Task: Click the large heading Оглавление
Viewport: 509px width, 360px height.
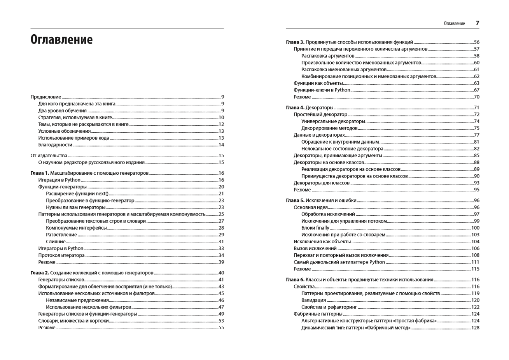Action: [61, 40]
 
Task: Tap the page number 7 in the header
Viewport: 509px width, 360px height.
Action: [477, 23]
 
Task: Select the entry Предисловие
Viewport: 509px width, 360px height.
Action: [46, 97]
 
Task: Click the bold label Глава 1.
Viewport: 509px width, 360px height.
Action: [40, 173]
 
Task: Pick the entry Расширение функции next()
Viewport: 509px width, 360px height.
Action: [77, 193]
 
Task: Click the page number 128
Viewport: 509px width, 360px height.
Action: [475, 328]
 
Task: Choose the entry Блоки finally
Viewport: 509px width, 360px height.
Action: [315, 228]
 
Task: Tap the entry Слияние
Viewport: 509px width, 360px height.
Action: [56, 242]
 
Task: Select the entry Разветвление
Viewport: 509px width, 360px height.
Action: [61, 235]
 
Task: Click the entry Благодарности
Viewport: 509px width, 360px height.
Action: [55, 145]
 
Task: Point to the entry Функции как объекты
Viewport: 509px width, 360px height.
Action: [318, 83]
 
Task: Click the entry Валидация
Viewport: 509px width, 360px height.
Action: [313, 300]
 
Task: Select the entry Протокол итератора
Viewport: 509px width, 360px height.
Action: [61, 255]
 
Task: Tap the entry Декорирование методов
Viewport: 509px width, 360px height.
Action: [329, 128]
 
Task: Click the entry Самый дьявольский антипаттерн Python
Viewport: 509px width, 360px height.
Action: [339, 262]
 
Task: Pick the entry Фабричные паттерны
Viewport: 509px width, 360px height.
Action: [318, 314]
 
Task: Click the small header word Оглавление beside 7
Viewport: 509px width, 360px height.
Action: [454, 23]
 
